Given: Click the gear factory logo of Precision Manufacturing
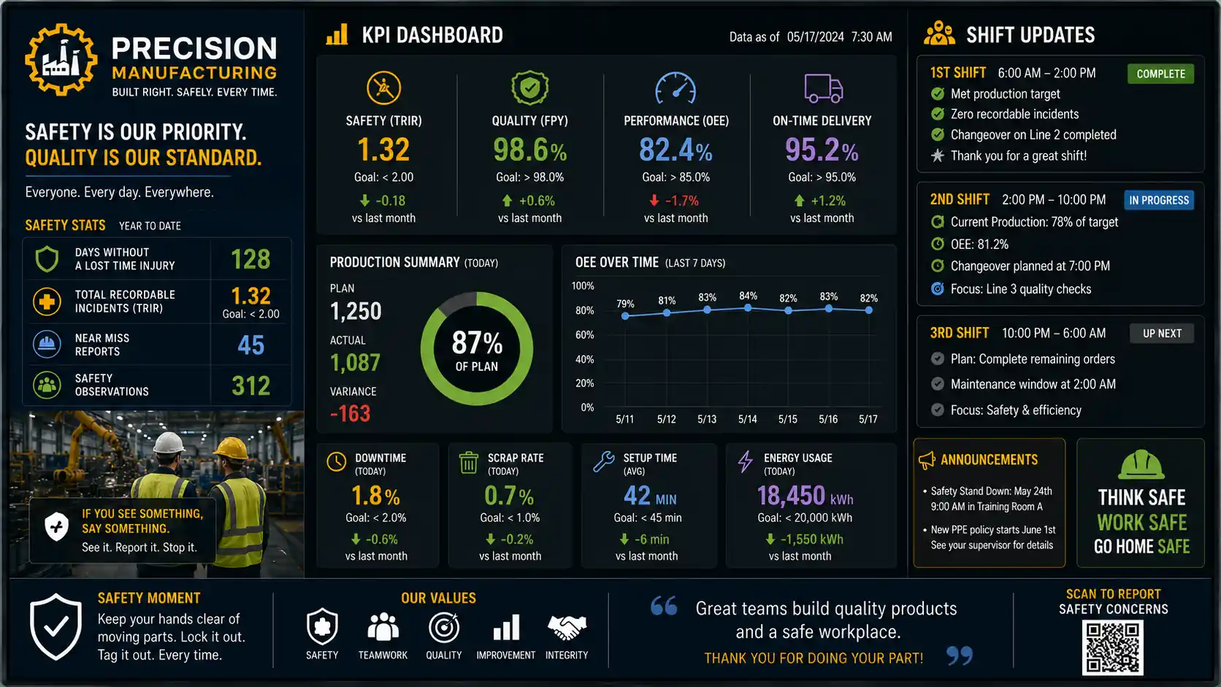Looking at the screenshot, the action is tap(61, 59).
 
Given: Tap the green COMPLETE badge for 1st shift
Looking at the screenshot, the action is tap(1160, 74).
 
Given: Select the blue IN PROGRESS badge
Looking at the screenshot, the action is tap(1159, 200).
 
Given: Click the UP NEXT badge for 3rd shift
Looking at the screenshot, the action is tap(1162, 334).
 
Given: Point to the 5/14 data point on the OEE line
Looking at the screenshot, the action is tap(748, 308).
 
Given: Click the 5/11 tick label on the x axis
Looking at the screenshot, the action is tap(624, 419).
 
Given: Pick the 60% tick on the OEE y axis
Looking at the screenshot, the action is tap(584, 334).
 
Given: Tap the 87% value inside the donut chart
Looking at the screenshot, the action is tap(477, 343).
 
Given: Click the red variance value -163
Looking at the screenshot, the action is tap(350, 413).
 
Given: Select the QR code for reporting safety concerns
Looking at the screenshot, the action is tap(1112, 648).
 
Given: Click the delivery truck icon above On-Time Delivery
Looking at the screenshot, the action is tap(823, 88).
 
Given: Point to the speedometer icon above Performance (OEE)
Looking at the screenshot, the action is tap(675, 88).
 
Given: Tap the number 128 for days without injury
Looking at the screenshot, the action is tap(250, 259).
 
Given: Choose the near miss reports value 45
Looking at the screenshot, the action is tap(250, 345).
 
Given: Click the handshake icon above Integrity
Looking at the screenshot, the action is tap(567, 628).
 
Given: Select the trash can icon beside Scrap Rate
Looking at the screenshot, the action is tap(468, 463).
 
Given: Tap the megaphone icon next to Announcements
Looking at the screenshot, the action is tap(927, 460).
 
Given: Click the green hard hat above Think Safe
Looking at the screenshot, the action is tap(1141, 465).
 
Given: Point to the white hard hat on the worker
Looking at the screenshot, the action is tap(169, 442).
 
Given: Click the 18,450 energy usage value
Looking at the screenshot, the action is tap(791, 496).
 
